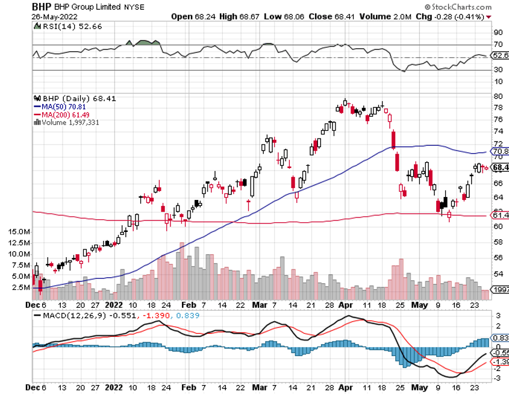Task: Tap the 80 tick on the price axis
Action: (498, 96)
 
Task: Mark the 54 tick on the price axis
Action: (498, 274)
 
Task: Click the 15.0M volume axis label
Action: (20, 231)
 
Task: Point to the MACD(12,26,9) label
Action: (65, 315)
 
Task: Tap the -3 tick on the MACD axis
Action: (498, 378)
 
